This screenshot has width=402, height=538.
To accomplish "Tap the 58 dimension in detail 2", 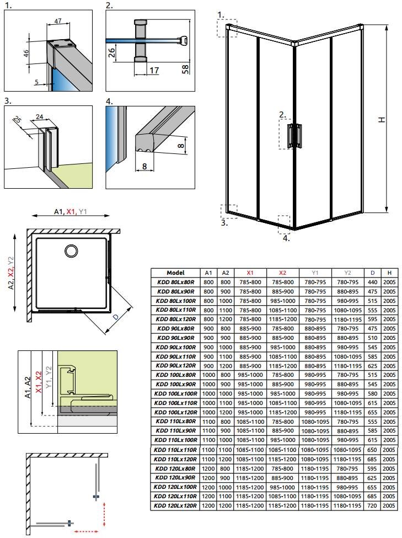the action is (x=185, y=69).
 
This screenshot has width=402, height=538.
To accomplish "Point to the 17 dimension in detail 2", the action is (x=154, y=70).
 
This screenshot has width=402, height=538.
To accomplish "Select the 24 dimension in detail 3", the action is (x=40, y=116).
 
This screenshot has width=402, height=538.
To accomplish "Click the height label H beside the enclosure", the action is (x=382, y=119).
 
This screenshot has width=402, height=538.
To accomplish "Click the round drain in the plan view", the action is (x=71, y=251).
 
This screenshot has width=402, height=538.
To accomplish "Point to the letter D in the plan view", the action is (x=116, y=318).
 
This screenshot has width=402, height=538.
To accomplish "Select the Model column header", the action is (x=175, y=273).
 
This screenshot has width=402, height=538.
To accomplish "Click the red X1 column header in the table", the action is (x=250, y=273).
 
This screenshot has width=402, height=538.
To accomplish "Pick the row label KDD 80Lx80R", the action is (x=175, y=282).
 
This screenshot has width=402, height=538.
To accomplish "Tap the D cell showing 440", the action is (x=373, y=282).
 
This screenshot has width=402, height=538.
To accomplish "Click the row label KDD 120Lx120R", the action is (x=175, y=505).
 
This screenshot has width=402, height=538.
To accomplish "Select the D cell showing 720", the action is (x=372, y=505).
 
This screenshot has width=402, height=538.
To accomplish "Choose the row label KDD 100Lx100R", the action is (x=175, y=393).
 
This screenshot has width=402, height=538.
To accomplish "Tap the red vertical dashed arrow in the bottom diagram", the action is (x=104, y=514).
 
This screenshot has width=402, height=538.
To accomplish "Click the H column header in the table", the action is (x=389, y=273).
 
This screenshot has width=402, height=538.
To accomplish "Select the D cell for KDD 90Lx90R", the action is (x=373, y=338).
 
